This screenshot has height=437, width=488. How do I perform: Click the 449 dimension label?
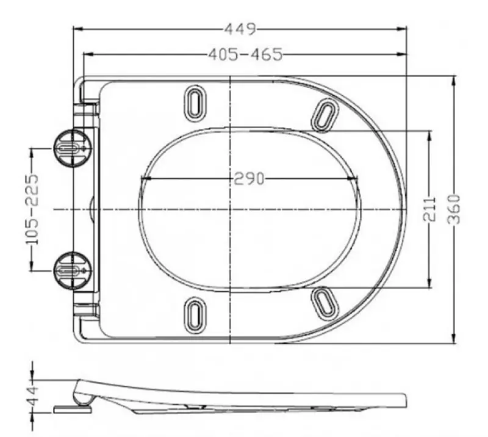240,29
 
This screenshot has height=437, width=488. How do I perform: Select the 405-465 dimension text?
245,55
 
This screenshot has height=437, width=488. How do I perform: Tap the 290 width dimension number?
248,179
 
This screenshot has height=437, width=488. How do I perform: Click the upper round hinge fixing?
73,148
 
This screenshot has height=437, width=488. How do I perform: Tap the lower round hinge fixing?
73,269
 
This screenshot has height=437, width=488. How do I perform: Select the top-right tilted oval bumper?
325,114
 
